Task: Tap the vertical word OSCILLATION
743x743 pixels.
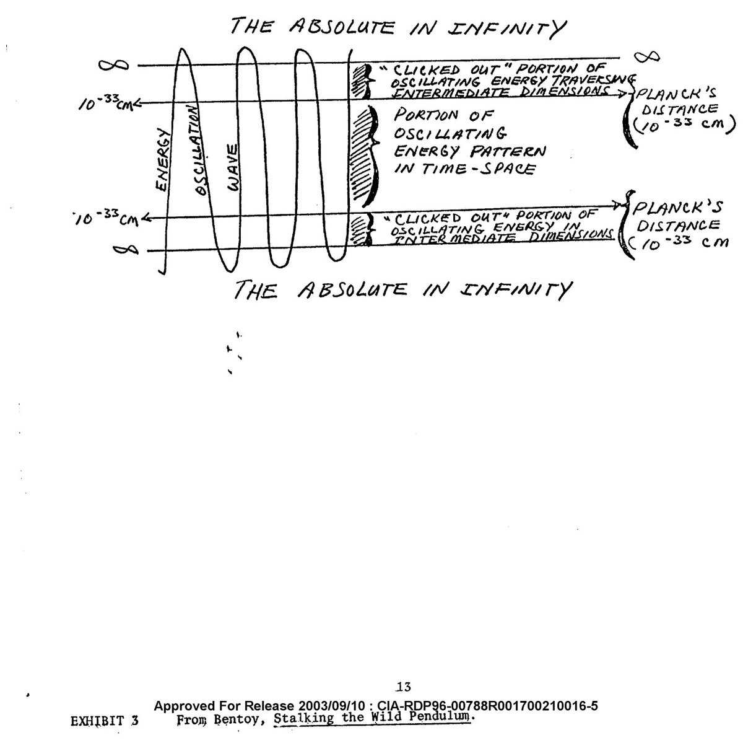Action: [x=196, y=151]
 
